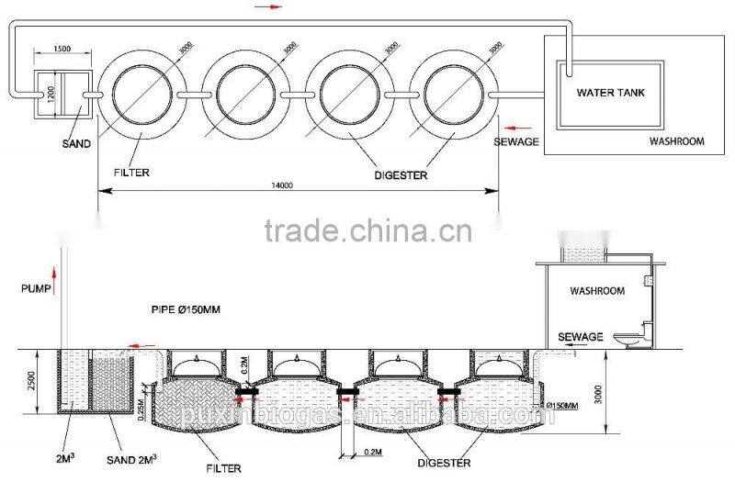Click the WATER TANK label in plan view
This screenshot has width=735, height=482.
[611, 93]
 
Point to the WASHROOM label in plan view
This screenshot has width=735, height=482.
[676, 142]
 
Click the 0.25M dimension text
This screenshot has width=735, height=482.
[141, 405]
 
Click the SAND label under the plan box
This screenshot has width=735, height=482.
[75, 144]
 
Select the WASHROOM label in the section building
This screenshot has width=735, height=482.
[597, 290]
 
